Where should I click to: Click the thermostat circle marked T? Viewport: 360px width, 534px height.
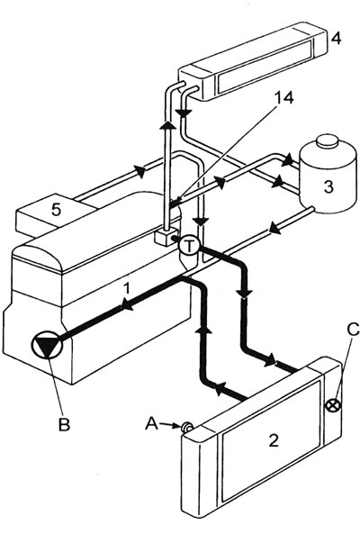190,246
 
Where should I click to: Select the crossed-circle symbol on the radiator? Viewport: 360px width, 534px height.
334,406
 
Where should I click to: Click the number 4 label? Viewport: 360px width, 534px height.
336,39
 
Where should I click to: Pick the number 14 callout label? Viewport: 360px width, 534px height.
284,98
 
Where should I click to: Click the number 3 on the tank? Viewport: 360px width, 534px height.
328,186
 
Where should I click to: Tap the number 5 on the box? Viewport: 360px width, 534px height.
57,210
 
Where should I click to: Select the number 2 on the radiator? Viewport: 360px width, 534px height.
274,440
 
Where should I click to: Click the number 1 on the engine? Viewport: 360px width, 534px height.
127,288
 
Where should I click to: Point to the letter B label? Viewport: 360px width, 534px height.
64,424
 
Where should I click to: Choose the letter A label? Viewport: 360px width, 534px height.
152,424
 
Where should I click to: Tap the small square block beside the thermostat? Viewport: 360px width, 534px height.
165,238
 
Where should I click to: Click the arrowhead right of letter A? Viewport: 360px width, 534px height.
176,425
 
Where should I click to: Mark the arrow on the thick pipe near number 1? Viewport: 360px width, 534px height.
127,304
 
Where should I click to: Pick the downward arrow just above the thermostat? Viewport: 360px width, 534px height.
202,222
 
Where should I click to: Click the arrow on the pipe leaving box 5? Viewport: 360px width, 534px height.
140,170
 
